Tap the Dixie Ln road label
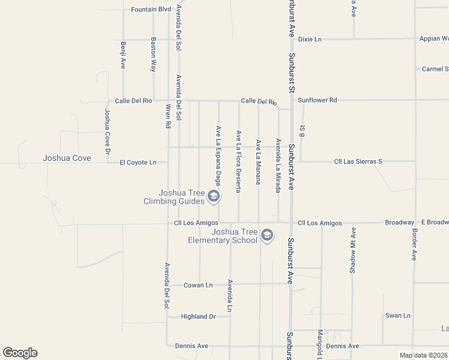click(x=310, y=39)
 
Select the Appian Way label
click(x=434, y=38)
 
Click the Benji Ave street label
click(x=122, y=55)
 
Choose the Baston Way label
click(x=154, y=55)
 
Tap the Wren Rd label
click(x=168, y=116)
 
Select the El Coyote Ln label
click(x=137, y=162)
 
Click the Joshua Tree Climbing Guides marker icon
click(x=212, y=196)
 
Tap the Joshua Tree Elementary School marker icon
click(x=267, y=236)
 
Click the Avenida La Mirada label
click(x=278, y=166)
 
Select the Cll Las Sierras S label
click(x=358, y=161)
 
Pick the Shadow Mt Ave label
click(x=353, y=251)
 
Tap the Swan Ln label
click(x=397, y=315)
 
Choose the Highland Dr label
click(x=198, y=316)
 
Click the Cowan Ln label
click(x=197, y=285)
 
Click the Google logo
click(x=20, y=353)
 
